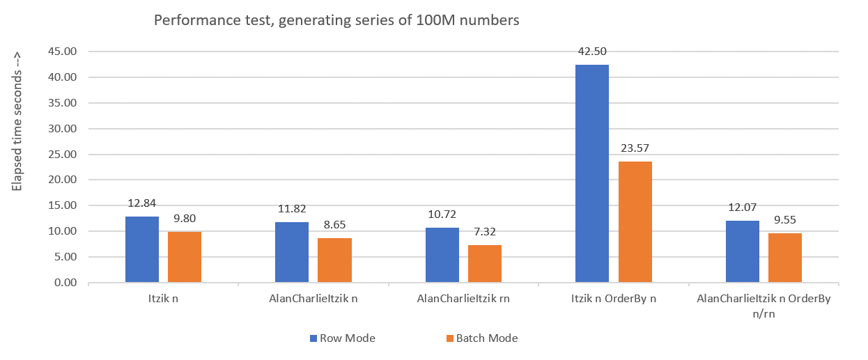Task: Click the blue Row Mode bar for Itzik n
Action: coord(142,249)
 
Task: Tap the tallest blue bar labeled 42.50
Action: coord(592,173)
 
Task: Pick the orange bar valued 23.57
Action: coord(635,222)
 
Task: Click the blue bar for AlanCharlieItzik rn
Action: coord(442,255)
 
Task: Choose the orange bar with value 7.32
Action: coord(485,263)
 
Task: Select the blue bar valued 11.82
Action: coord(292,252)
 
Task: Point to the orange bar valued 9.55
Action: coord(785,258)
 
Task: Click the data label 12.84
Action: coord(141,203)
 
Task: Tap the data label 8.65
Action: coord(334,225)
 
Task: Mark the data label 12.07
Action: coord(743,208)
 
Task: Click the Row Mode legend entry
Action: coord(343,338)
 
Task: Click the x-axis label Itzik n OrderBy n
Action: coord(613,299)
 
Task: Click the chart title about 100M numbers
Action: coord(336,20)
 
